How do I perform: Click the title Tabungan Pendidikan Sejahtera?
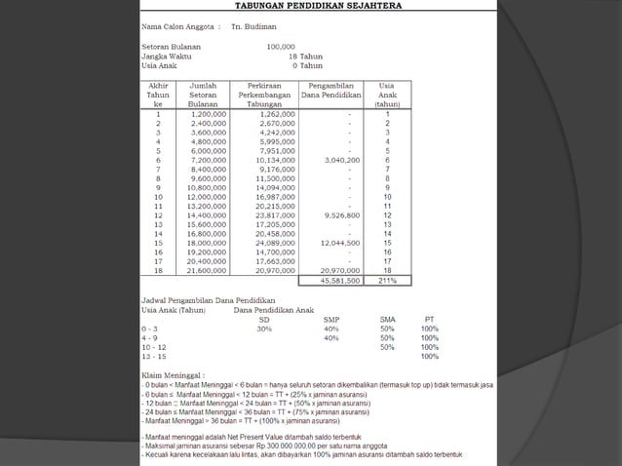coord(310,6)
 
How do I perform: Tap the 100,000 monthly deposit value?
coord(280,46)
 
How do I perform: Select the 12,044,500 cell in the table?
coord(340,242)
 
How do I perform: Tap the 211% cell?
coord(387,280)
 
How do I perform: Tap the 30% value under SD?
coord(263,329)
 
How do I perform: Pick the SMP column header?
coord(330,319)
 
